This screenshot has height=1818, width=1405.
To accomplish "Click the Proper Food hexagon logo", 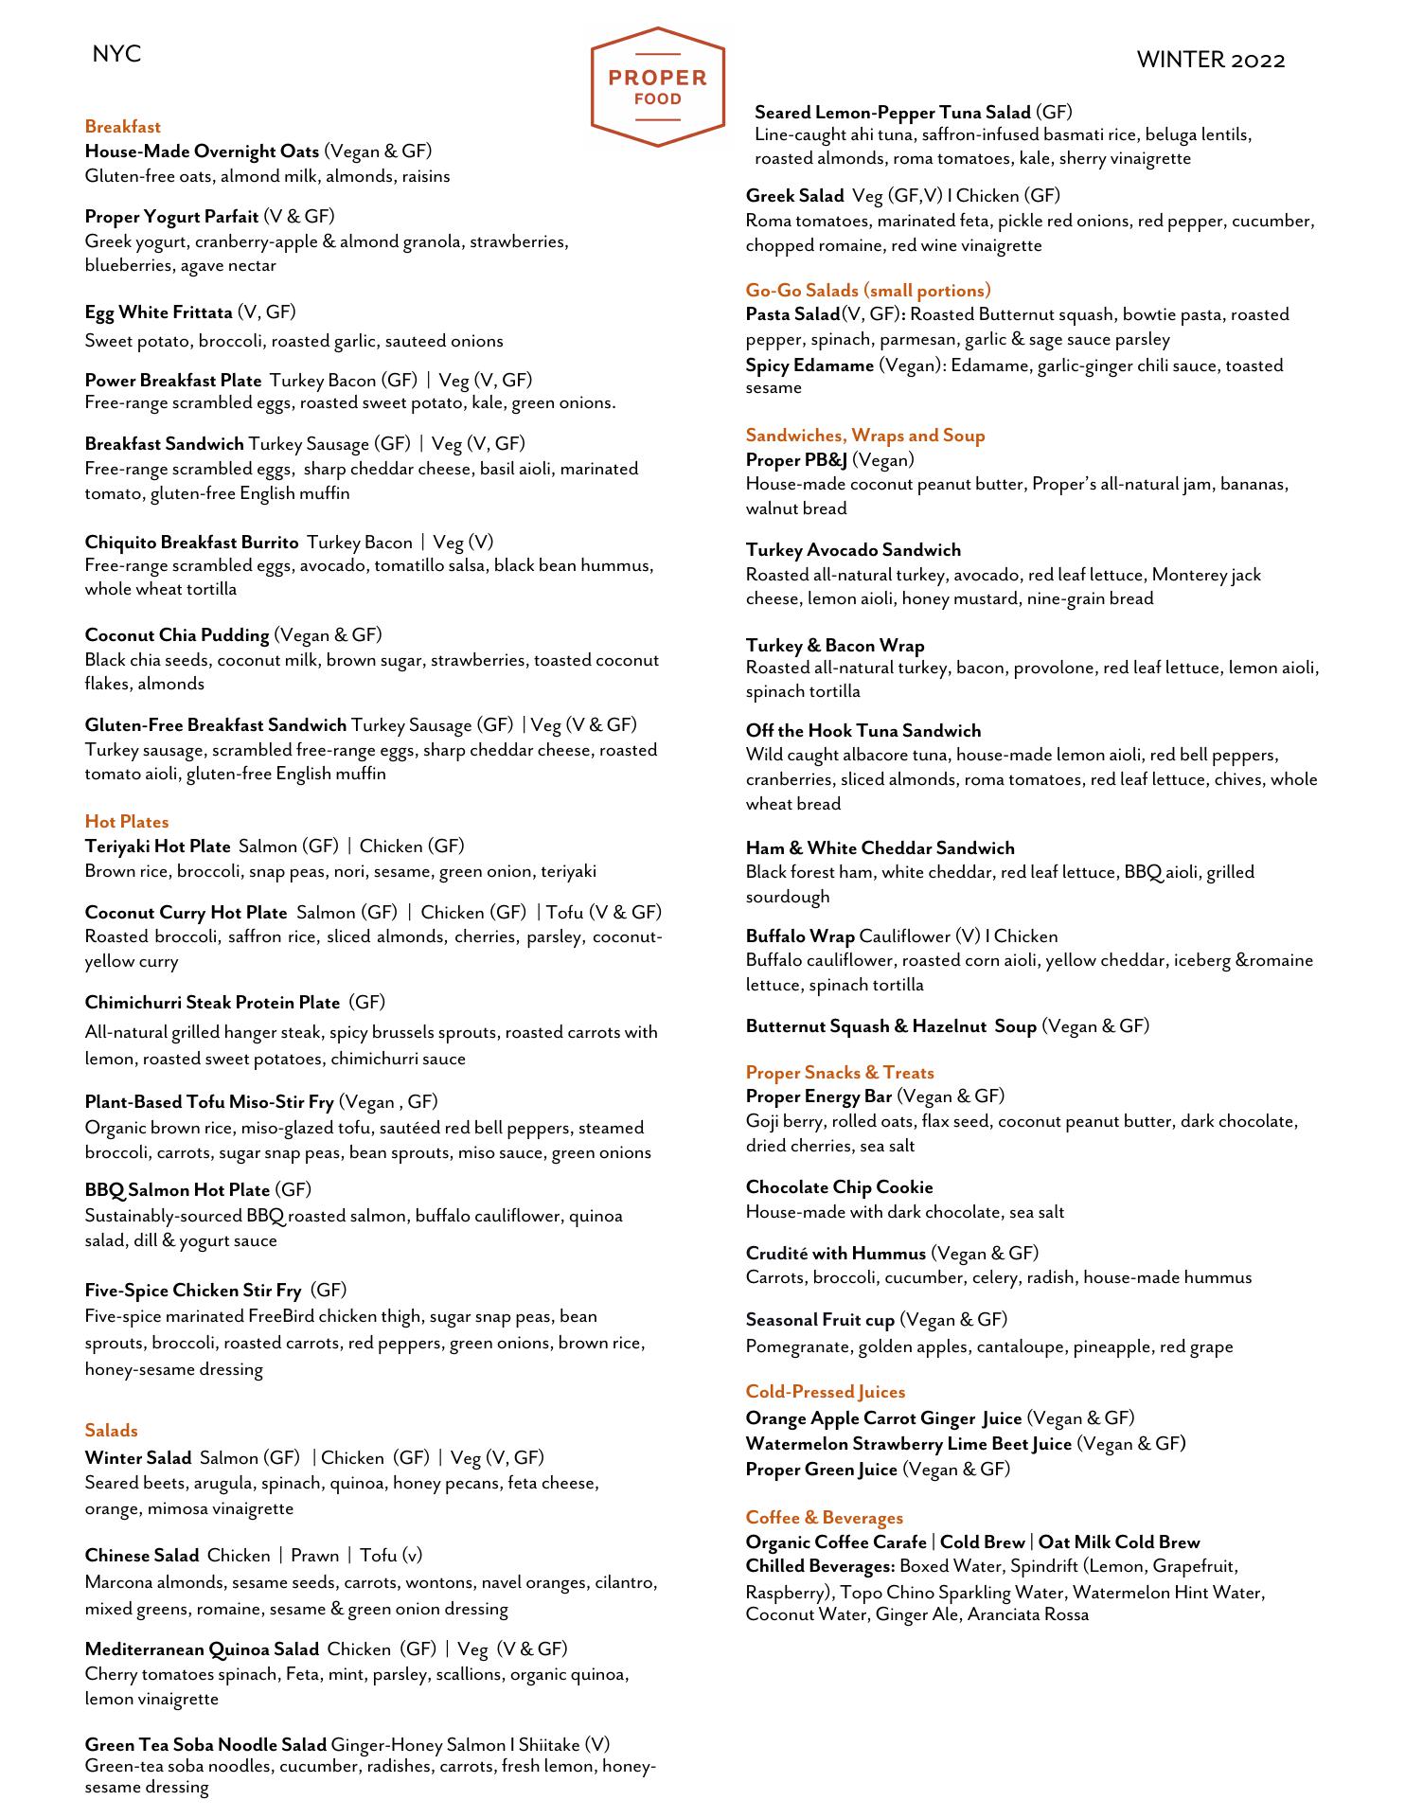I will point(657,87).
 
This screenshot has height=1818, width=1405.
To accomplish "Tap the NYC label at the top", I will point(116,55).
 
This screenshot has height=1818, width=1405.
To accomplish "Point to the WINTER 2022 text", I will point(1210,61).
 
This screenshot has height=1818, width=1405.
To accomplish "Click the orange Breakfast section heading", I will point(122,127).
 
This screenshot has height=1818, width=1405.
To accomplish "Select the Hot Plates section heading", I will point(126,822).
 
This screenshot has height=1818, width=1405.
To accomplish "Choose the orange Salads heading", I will point(111,1431).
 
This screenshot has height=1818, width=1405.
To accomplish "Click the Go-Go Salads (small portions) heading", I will point(867,291).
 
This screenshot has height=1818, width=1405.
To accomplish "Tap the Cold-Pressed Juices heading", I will point(825,1392).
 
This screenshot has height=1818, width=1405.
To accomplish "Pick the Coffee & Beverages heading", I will point(824,1518).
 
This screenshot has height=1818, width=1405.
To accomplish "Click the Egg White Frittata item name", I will point(158,312).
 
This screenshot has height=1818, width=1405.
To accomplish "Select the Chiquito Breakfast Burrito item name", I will point(191,543).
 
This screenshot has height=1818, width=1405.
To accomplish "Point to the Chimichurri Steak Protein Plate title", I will point(212,1003).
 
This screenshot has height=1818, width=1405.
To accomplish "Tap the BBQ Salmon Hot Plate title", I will point(177,1190).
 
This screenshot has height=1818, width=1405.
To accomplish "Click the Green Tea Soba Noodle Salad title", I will point(205,1745).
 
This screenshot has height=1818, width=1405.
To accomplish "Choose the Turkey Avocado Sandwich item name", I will point(852,550).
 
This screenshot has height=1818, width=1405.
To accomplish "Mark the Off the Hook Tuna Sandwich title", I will point(863,731).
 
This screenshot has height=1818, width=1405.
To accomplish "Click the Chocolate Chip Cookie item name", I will point(839,1187).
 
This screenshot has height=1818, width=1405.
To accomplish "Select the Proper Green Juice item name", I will point(821,1470).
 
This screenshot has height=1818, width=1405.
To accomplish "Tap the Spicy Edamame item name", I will point(809,365).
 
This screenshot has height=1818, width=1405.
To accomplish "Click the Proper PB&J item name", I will point(796,460).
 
